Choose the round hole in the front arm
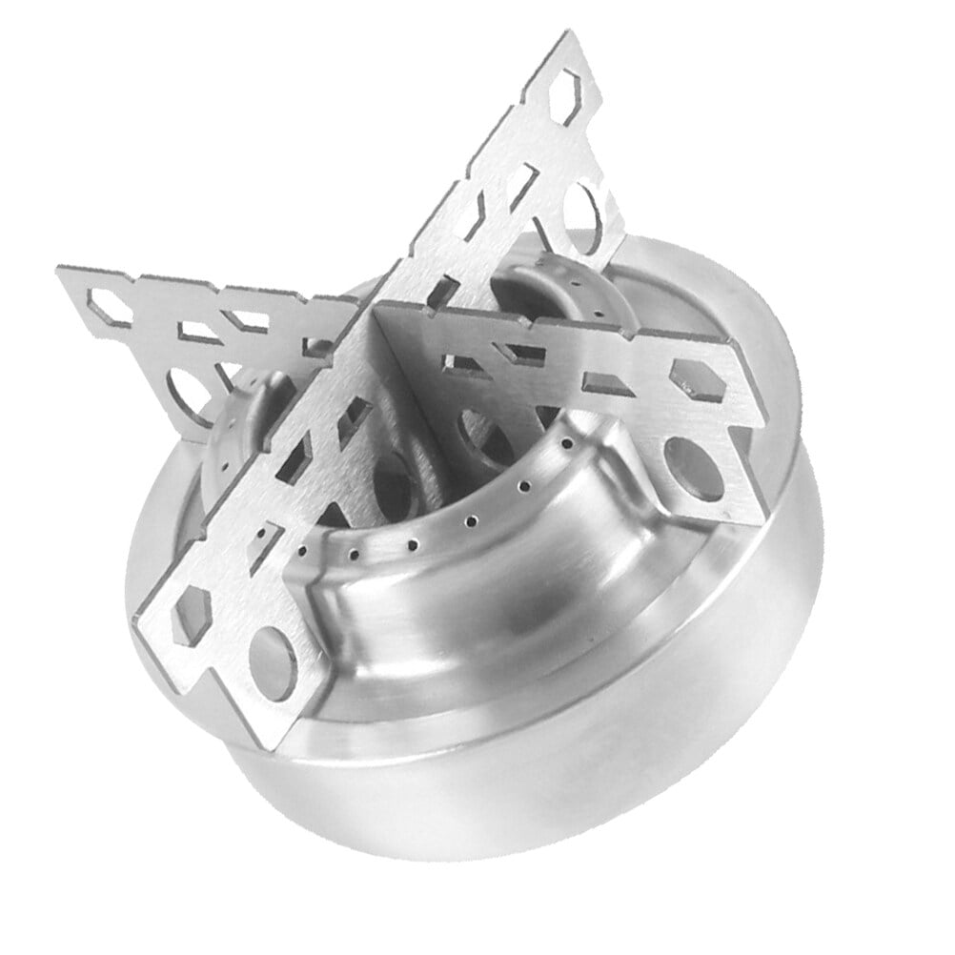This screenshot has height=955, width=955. [x=274, y=661]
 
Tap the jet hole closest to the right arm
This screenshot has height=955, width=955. [x=567, y=444]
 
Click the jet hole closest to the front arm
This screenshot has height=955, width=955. [x=303, y=550]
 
